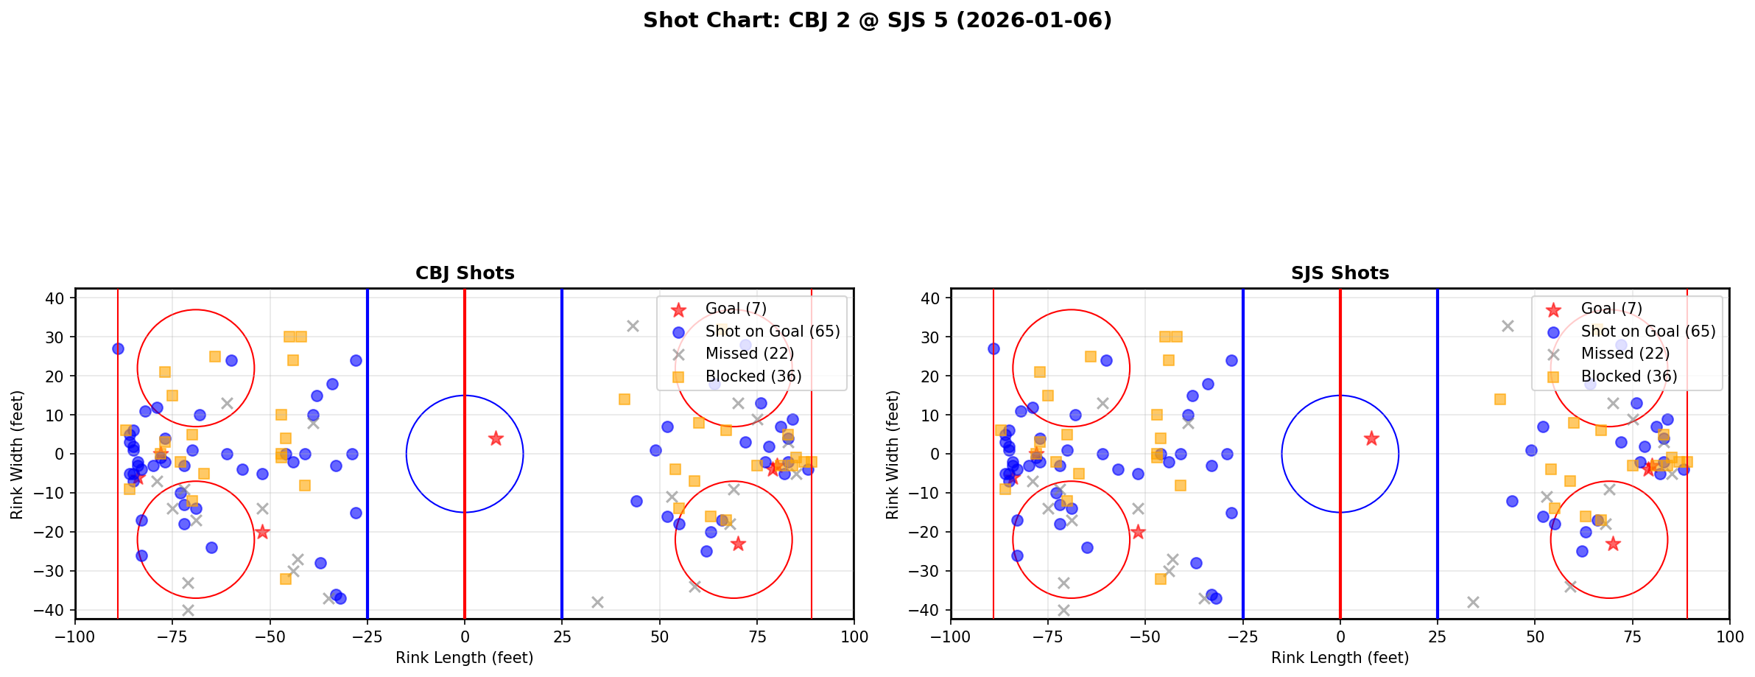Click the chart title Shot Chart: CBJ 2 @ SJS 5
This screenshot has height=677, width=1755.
tap(877, 20)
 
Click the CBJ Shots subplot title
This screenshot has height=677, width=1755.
tap(465, 273)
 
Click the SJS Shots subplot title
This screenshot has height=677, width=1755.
tap(1340, 273)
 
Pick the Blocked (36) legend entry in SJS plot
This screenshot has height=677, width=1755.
tap(1629, 376)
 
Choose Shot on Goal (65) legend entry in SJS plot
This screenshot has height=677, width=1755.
tap(1648, 332)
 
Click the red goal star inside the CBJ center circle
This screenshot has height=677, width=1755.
tap(496, 438)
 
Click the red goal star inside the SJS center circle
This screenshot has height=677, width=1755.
tap(1371, 438)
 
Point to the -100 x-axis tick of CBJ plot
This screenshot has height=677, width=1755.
tap(75, 636)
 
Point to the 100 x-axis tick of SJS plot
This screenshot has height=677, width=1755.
tap(1729, 636)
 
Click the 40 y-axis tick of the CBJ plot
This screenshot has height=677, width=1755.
tap(60, 298)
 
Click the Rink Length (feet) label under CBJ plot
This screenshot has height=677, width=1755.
tap(465, 658)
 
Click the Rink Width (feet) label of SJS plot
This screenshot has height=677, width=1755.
tap(893, 455)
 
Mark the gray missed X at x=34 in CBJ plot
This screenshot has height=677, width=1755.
tap(597, 602)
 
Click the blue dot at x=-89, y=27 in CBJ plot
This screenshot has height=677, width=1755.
tap(118, 348)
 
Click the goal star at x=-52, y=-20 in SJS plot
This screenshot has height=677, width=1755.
tap(1138, 532)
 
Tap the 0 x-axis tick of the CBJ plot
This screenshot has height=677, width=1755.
tap(465, 636)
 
